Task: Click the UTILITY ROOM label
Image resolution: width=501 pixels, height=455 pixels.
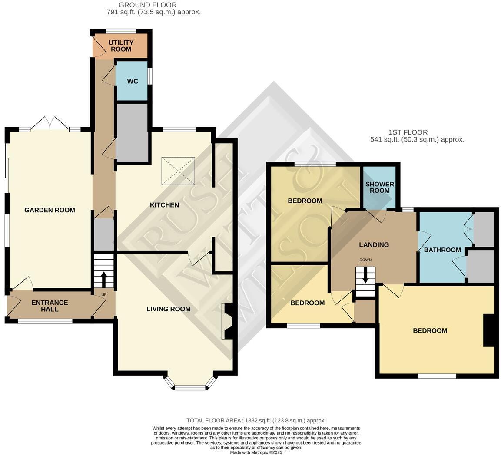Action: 121,46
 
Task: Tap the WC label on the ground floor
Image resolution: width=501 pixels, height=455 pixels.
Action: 132,81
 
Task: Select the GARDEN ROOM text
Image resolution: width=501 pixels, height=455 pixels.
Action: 50,210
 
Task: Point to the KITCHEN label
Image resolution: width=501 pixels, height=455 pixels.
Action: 164,205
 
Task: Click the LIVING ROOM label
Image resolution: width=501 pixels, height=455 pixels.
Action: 168,309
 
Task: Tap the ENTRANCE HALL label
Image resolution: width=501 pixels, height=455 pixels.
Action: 50,306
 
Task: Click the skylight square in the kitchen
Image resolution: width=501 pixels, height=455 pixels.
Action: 178,171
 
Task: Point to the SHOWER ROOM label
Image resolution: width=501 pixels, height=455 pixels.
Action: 379,187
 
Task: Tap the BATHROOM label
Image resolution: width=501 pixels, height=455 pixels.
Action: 442,250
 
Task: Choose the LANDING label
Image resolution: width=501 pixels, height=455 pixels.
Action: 374,245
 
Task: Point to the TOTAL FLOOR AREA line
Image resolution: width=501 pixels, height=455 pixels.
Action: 256,420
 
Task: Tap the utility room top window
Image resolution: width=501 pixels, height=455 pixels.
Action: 121,31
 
